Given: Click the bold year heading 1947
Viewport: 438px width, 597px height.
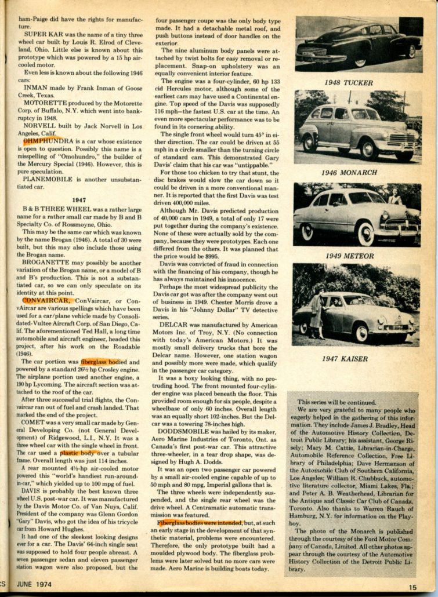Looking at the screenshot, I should click(x=79, y=200).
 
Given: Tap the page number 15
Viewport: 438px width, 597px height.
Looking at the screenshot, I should click(x=412, y=587).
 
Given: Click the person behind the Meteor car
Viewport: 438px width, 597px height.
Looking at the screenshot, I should click(x=394, y=198).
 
